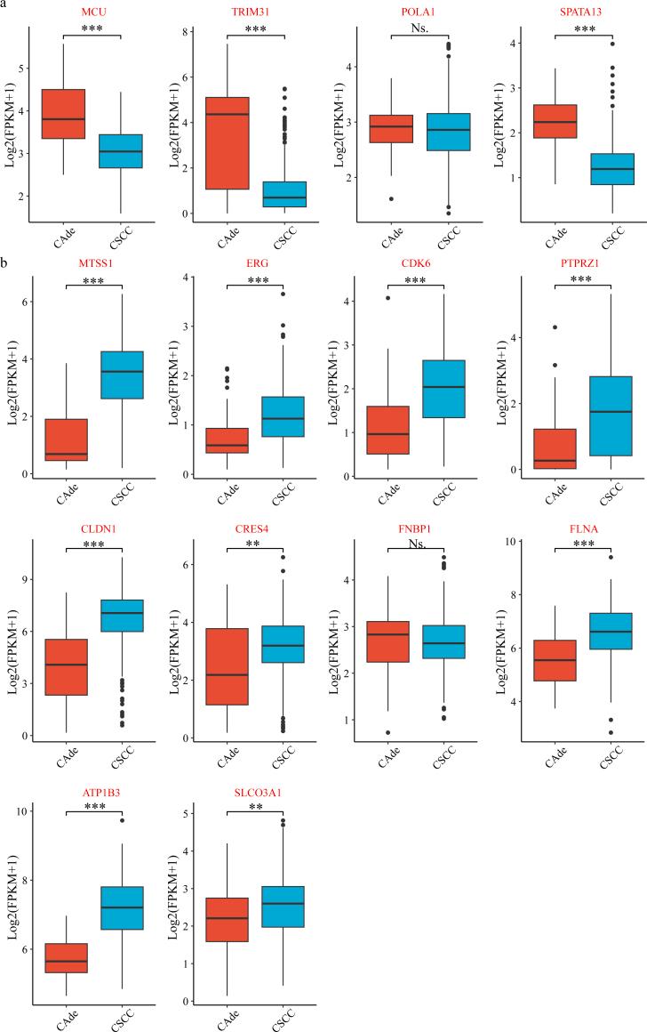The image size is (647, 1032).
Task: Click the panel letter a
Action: pos(5,5)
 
